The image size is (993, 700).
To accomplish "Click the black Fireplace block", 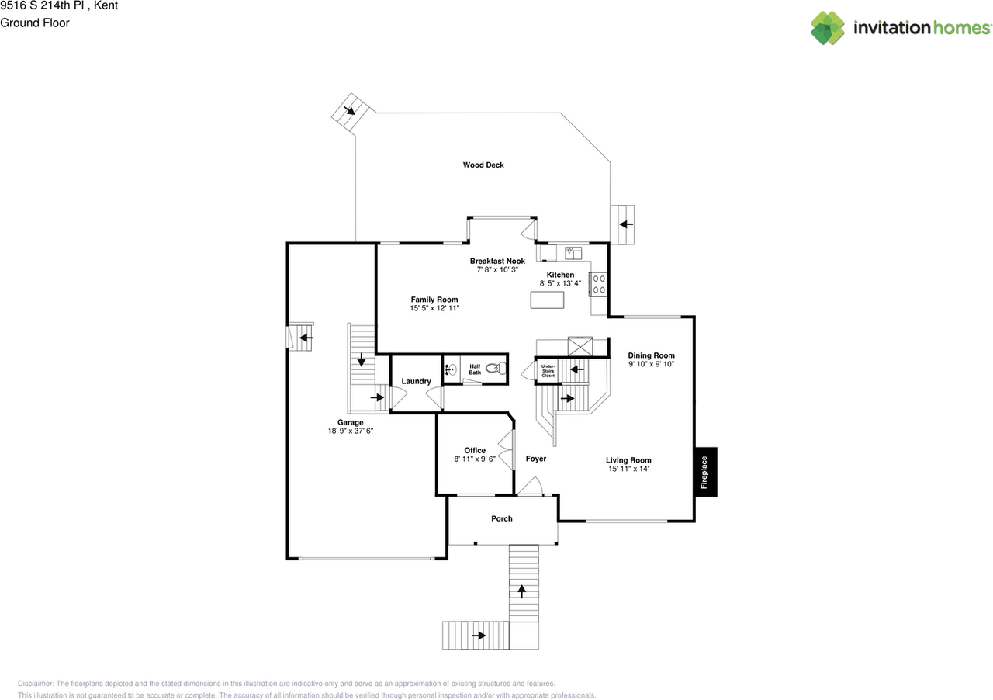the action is click(x=706, y=472).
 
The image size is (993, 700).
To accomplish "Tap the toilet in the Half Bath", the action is click(x=496, y=368).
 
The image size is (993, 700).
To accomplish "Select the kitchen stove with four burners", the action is click(x=597, y=284).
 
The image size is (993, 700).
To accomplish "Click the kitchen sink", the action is click(x=573, y=253).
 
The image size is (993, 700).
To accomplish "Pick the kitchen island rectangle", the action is click(x=547, y=300).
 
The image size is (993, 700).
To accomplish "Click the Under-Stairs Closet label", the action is click(x=548, y=371).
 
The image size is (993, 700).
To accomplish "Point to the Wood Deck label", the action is click(x=483, y=165).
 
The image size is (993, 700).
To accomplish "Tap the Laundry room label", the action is click(x=416, y=381).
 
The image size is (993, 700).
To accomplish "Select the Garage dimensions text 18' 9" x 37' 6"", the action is click(x=350, y=431).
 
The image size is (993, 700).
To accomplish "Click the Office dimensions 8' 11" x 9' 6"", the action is click(x=474, y=459).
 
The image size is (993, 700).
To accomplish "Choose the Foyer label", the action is click(x=535, y=459).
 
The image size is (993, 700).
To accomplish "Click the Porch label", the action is click(x=501, y=518).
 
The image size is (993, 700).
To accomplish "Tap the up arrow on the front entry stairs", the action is click(x=522, y=591).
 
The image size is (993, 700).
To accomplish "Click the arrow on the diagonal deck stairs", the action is click(x=349, y=110).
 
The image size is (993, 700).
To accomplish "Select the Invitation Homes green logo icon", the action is click(x=828, y=28).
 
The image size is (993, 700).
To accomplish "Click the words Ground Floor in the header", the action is click(x=35, y=23).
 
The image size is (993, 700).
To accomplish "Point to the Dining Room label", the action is click(x=651, y=355).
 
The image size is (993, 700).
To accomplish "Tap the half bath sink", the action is click(x=451, y=369).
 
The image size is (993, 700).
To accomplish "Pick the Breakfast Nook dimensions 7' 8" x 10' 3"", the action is click(x=497, y=269).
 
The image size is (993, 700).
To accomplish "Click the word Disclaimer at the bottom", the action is click(x=36, y=684).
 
